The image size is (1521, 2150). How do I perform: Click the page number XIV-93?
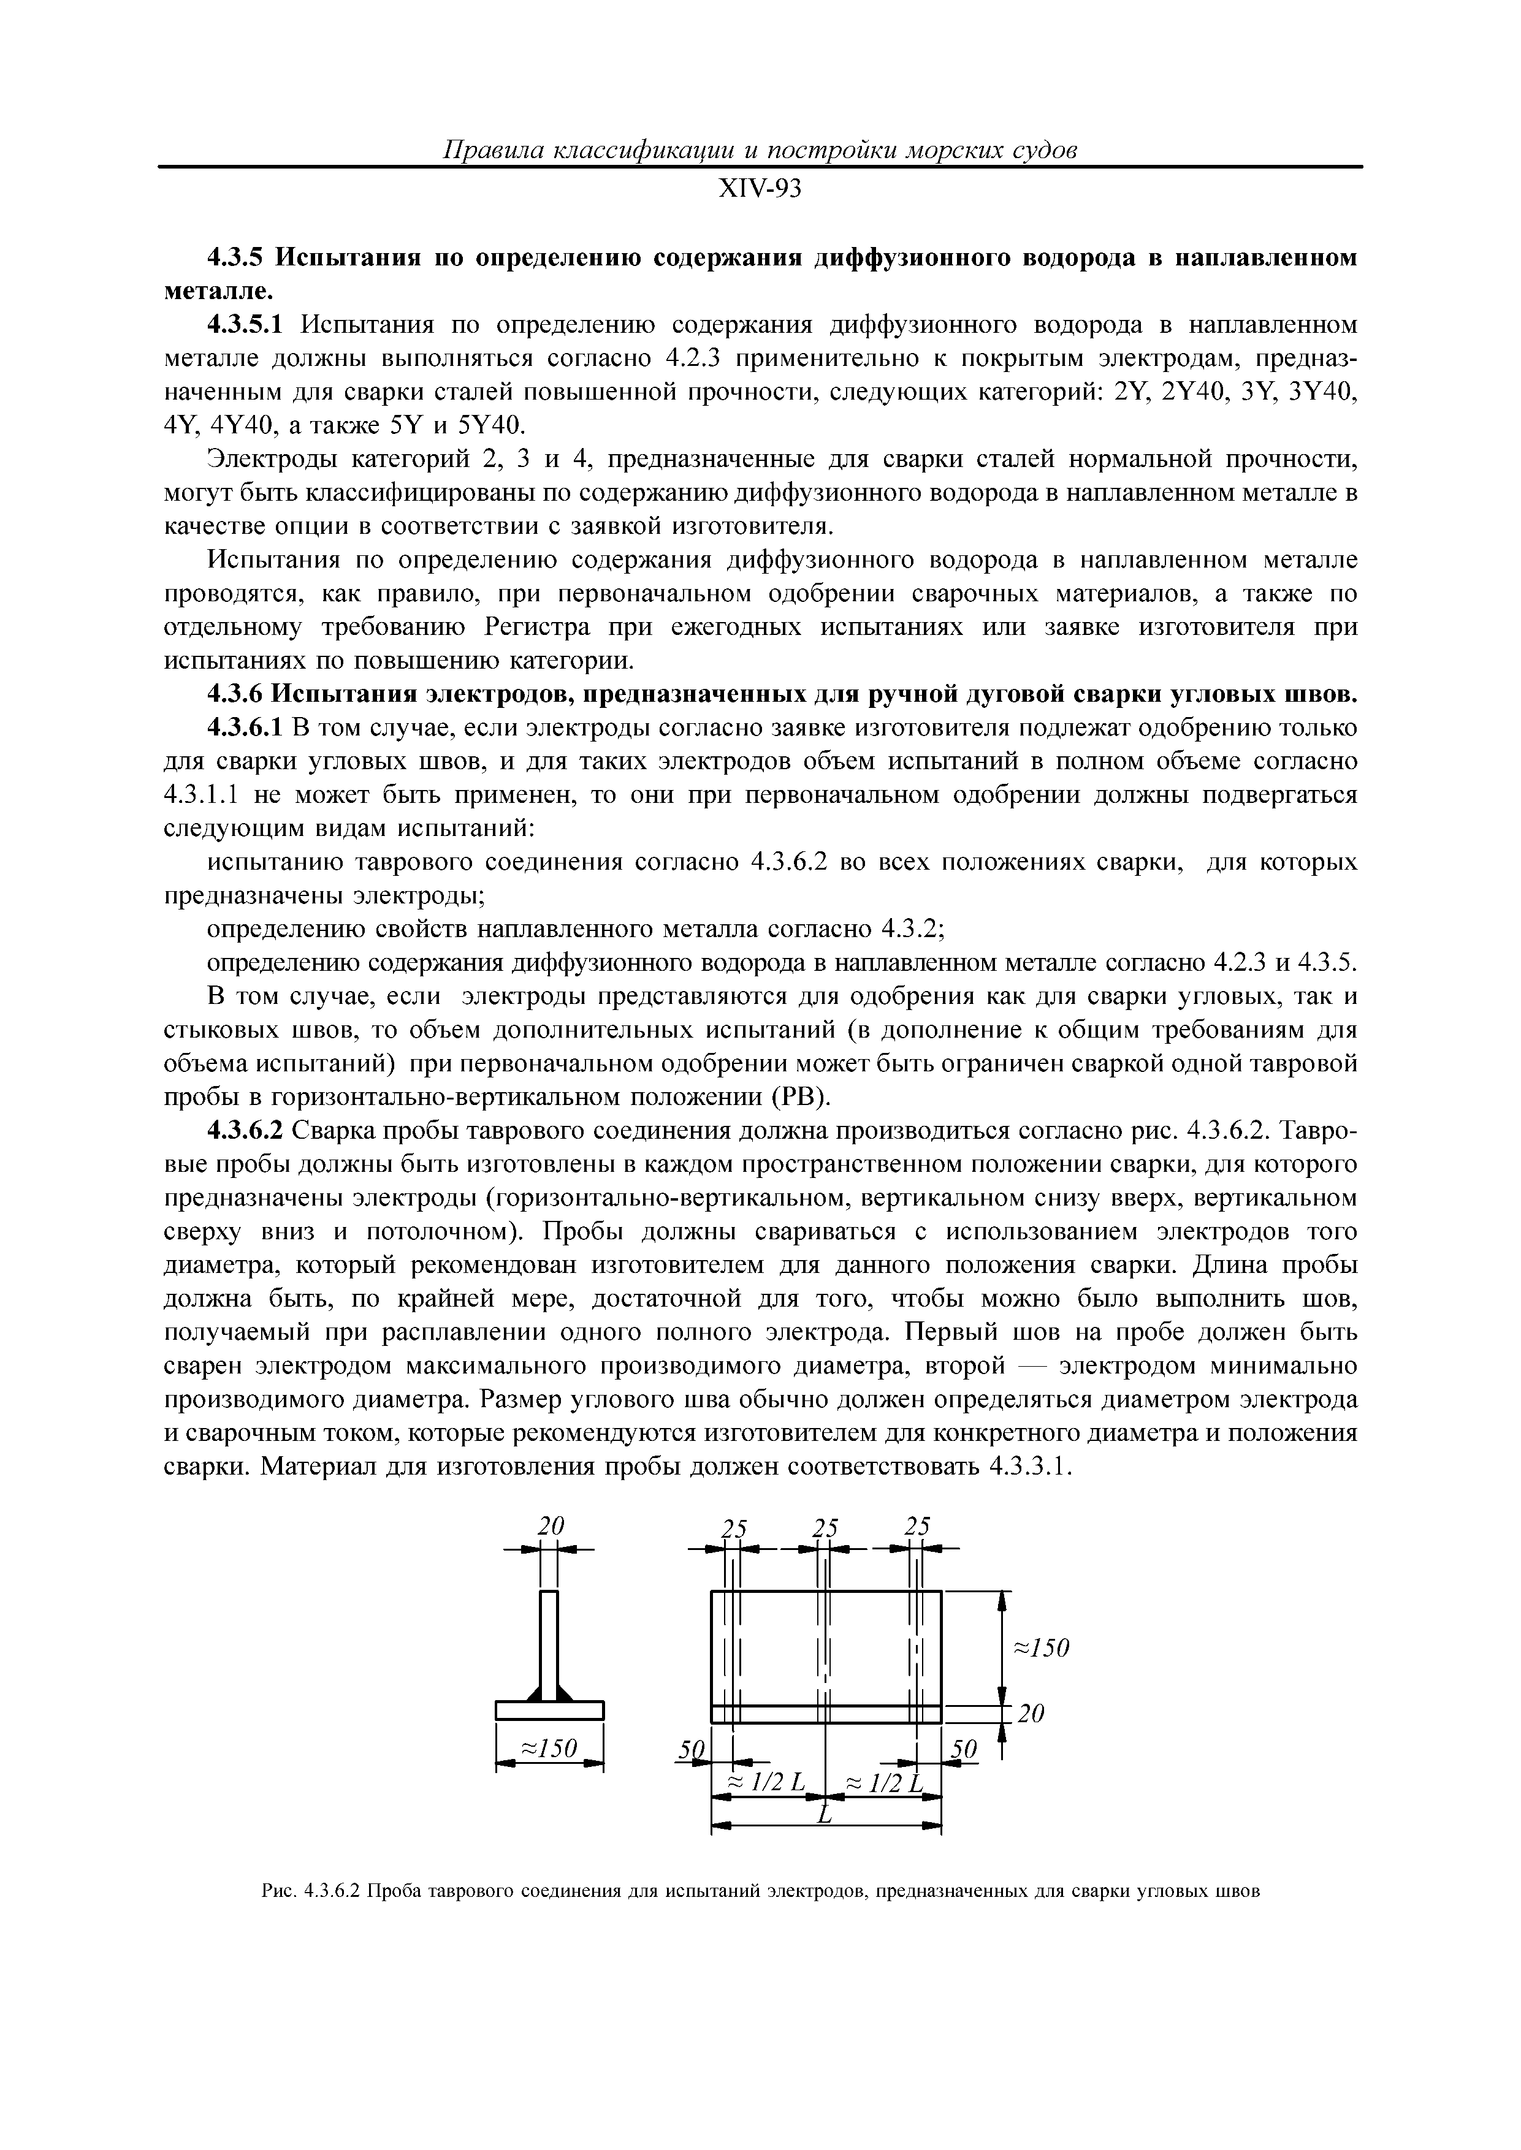[x=760, y=190]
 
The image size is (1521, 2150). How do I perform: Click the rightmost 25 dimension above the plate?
[x=917, y=1525]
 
